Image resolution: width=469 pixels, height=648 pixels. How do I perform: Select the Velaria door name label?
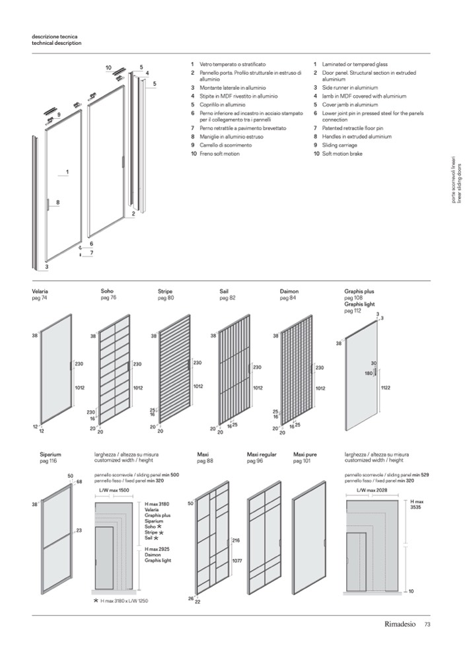pyautogui.click(x=40, y=291)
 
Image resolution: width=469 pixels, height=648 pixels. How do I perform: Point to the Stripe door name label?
pyautogui.click(x=164, y=291)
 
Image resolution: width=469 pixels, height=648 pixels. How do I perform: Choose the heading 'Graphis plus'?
pyautogui.click(x=359, y=291)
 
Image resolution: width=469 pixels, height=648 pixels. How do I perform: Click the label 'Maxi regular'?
pyautogui.click(x=262, y=455)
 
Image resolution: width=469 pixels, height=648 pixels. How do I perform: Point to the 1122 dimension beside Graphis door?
pyautogui.click(x=386, y=388)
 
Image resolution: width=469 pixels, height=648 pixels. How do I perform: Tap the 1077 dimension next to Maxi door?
pyautogui.click(x=236, y=561)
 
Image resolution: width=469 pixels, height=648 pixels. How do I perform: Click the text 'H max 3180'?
pyautogui.click(x=157, y=504)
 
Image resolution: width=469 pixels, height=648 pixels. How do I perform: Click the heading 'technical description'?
pyautogui.click(x=57, y=43)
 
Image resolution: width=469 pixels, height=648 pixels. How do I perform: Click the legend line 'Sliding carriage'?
pyautogui.click(x=340, y=145)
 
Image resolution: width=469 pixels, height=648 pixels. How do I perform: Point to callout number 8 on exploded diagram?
pyautogui.click(x=58, y=202)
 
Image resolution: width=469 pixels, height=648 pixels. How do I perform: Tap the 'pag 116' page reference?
pyautogui.click(x=48, y=461)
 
